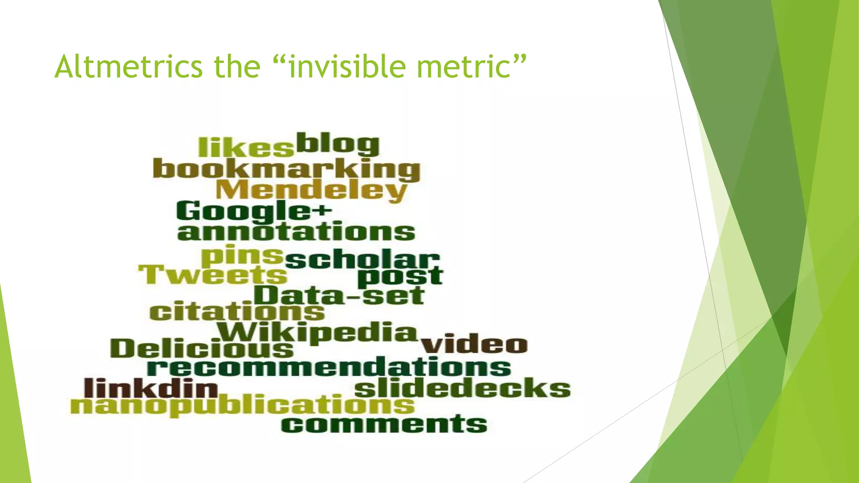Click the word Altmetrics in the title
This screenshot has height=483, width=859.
[x=128, y=67]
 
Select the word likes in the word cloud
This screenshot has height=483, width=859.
[x=246, y=147]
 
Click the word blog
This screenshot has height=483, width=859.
[x=338, y=144]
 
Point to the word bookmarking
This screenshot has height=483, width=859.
[x=286, y=169]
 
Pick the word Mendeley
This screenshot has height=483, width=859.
[x=311, y=190]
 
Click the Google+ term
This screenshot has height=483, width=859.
[x=254, y=210]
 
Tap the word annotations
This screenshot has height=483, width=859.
[x=296, y=232]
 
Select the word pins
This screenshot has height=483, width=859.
[x=242, y=256]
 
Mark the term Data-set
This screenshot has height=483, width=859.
[x=339, y=296]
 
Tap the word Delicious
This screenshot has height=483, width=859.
[x=202, y=348]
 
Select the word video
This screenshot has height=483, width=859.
[x=474, y=345]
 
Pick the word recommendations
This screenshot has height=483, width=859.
[x=329, y=367]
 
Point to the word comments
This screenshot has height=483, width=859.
[x=384, y=424]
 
